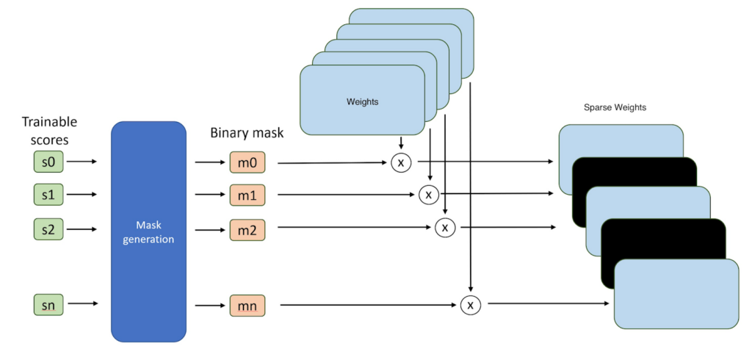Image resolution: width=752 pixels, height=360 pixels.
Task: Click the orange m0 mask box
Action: pyautogui.click(x=247, y=162)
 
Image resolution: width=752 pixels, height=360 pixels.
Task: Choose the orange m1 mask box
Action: pyautogui.click(x=247, y=195)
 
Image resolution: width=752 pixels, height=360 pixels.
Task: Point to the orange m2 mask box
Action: pyautogui.click(x=247, y=229)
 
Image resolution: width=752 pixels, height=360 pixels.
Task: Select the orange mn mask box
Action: pyautogui.click(x=247, y=304)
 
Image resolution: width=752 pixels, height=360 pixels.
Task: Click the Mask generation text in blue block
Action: pyautogui.click(x=148, y=231)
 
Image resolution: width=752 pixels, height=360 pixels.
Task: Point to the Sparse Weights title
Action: pyautogui.click(x=615, y=107)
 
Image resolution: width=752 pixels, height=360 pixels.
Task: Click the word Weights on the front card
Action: pyautogui.click(x=362, y=102)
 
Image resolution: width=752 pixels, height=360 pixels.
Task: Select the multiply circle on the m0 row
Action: pyautogui.click(x=400, y=162)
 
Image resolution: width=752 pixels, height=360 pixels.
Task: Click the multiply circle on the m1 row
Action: pyautogui.click(x=428, y=195)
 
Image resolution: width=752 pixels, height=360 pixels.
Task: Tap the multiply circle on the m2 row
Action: pyautogui.click(x=445, y=228)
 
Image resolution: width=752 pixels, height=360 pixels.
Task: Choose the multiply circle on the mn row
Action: pyautogui.click(x=471, y=304)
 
